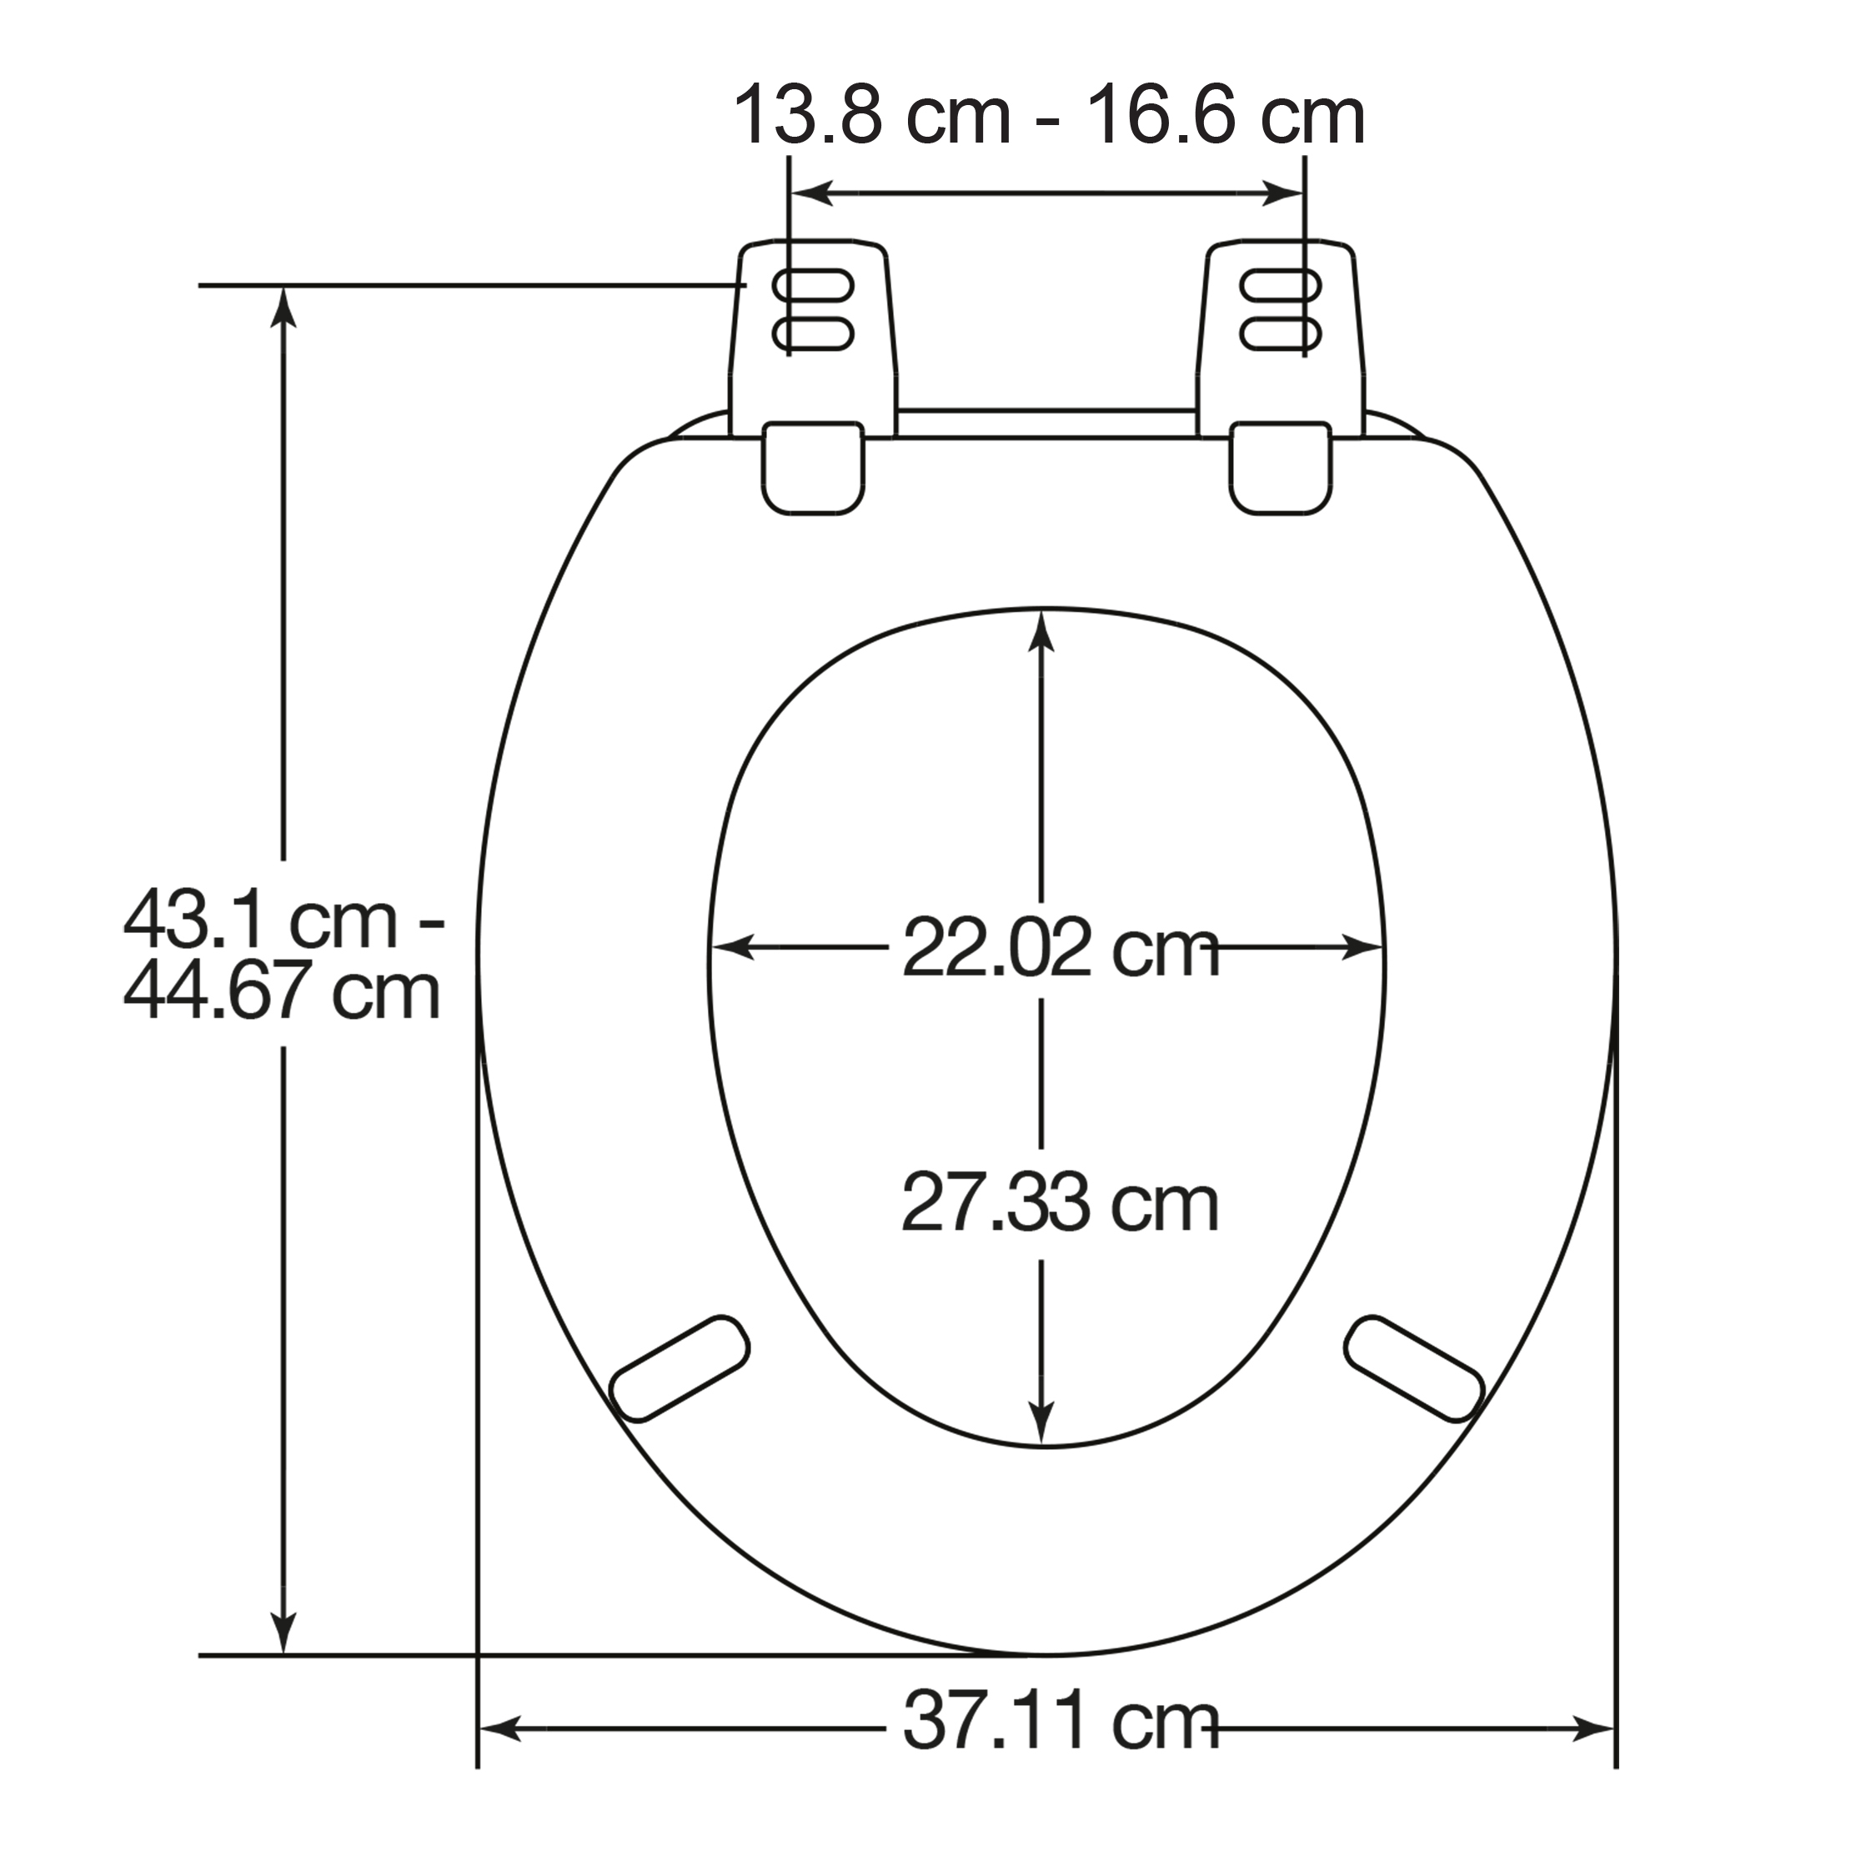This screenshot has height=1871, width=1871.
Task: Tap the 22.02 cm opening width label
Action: point(1061,949)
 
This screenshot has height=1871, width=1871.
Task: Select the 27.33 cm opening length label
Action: point(1061,1204)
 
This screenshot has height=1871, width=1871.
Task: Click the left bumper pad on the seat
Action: point(682,1368)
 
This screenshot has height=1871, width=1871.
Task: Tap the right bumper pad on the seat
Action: point(1415,1368)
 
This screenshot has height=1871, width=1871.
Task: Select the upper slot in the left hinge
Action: point(814,286)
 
